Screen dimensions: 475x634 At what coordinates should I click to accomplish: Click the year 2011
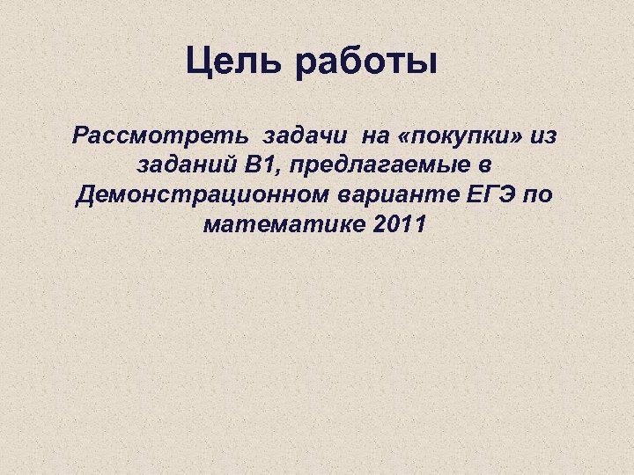[x=400, y=223]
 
